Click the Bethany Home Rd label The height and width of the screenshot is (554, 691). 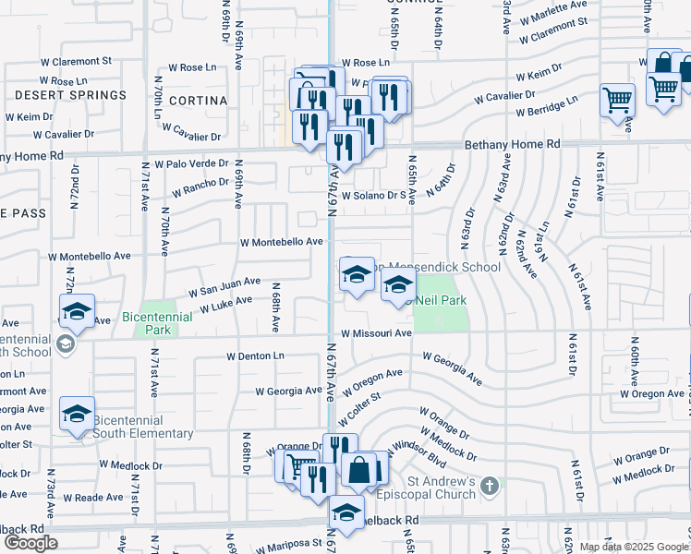(512, 145)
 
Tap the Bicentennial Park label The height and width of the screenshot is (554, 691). (146, 323)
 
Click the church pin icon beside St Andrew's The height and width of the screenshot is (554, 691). (491, 483)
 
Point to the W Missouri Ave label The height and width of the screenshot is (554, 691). (375, 333)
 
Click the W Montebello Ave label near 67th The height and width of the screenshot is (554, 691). (281, 242)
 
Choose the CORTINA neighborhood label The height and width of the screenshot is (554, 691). (198, 100)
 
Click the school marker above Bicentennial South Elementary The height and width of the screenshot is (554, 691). (77, 414)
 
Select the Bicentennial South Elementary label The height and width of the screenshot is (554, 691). (142, 427)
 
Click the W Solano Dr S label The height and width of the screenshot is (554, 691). (375, 196)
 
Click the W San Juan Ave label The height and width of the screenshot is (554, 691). (224, 286)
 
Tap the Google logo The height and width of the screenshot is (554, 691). (30, 543)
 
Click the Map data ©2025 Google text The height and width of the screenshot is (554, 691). (633, 547)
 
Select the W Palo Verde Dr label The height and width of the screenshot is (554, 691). (191, 163)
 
